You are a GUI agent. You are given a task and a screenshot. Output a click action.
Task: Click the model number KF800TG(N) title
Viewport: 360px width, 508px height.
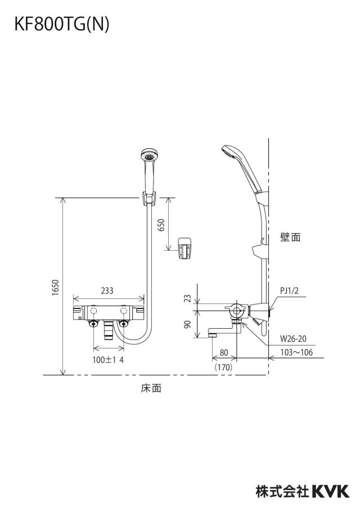(x=62, y=25)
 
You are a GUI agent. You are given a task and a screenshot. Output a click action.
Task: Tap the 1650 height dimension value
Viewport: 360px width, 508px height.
(x=56, y=287)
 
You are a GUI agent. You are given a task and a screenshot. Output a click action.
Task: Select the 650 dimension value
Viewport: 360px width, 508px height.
(x=161, y=225)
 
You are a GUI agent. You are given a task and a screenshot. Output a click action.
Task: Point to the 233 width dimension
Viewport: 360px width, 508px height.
(x=107, y=291)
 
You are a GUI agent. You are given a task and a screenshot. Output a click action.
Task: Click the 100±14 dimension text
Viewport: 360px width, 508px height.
(x=109, y=360)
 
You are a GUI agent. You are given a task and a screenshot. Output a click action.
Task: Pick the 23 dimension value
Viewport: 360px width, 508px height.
(x=188, y=298)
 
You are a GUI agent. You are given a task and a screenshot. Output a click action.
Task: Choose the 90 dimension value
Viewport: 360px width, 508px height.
(x=188, y=324)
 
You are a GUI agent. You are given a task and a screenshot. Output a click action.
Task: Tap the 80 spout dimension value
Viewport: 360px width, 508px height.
(x=224, y=352)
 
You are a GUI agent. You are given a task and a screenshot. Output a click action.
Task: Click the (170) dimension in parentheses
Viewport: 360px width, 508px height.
(x=223, y=367)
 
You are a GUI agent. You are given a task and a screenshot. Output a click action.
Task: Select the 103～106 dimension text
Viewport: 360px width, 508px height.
(x=296, y=352)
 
